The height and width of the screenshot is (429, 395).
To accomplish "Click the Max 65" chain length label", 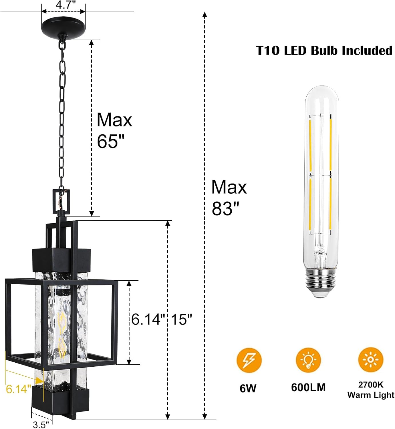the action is pyautogui.click(x=114, y=130).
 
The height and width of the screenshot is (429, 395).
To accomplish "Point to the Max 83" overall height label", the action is pyautogui.click(x=229, y=198).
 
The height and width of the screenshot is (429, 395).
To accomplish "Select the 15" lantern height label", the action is pyautogui.click(x=182, y=319).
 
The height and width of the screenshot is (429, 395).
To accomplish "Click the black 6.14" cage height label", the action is pyautogui.click(x=148, y=319).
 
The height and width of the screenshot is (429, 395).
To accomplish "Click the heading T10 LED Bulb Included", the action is pyautogui.click(x=324, y=51).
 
